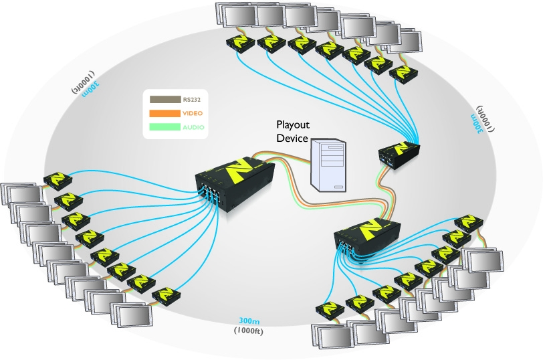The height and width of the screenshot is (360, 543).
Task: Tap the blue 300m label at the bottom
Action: (x=251, y=321)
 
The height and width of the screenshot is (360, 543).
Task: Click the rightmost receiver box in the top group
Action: (x=403, y=74)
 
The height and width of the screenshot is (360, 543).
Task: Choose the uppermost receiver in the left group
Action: (x=56, y=180)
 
